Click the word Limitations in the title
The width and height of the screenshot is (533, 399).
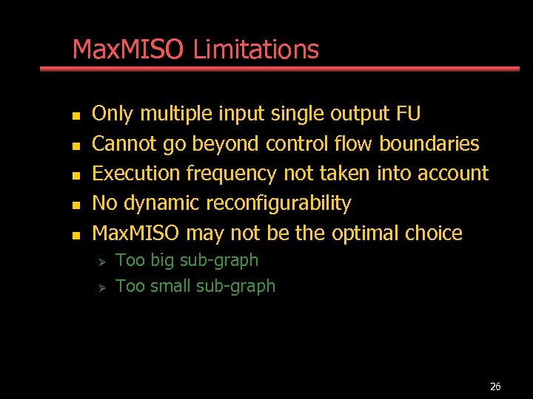pyautogui.click(x=255, y=50)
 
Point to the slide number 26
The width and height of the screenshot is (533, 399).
pyautogui.click(x=495, y=386)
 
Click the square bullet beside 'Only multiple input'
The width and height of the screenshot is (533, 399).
pyautogui.click(x=74, y=115)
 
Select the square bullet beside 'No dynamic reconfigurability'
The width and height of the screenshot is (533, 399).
pyautogui.click(x=74, y=205)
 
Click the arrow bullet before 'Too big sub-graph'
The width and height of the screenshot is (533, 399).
pyautogui.click(x=104, y=261)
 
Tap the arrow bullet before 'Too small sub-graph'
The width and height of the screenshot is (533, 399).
pyautogui.click(x=104, y=287)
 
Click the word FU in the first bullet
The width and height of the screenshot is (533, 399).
pyautogui.click(x=409, y=114)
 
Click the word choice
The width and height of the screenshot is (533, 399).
pyautogui.click(x=434, y=233)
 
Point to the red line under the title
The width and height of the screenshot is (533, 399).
pyautogui.click(x=280, y=69)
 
